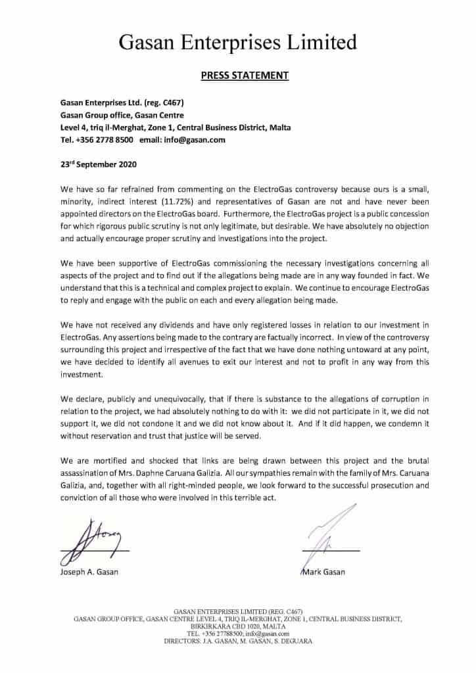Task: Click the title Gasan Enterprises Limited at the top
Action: (x=238, y=43)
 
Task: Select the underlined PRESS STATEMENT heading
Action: (x=244, y=75)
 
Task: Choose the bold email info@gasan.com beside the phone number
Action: (x=197, y=139)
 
